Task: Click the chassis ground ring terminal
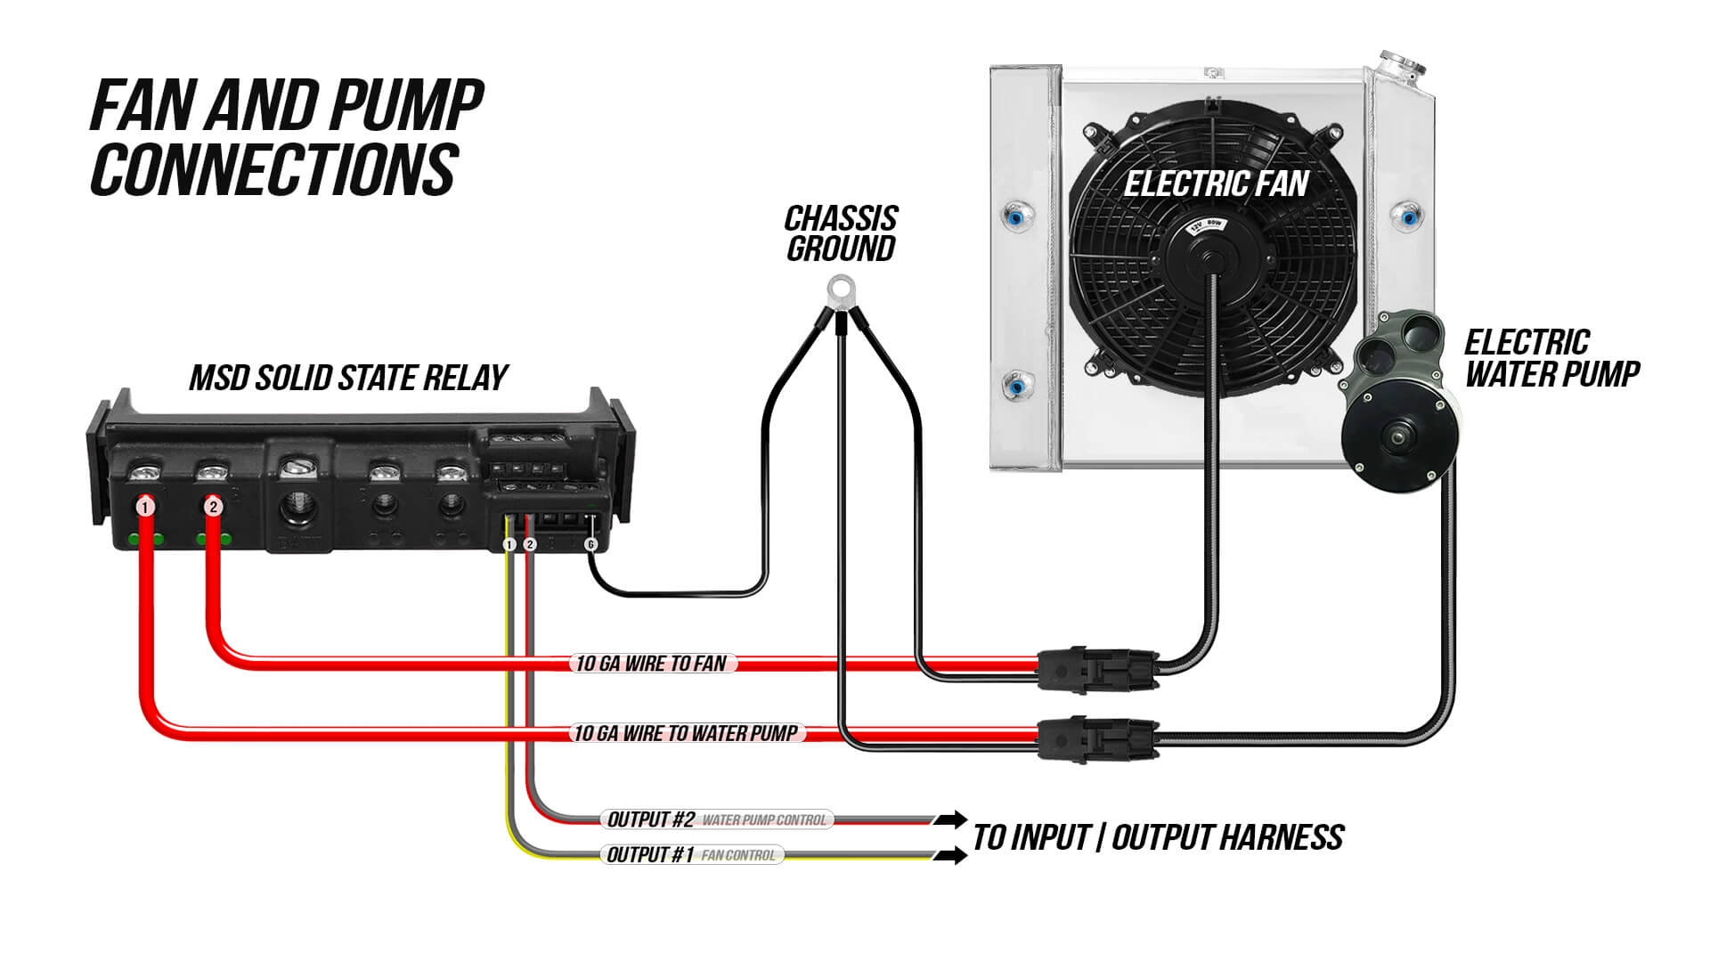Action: coord(838,289)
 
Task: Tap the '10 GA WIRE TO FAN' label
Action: coord(652,664)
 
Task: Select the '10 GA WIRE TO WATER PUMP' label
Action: coord(686,733)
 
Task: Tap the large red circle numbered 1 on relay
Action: coord(146,507)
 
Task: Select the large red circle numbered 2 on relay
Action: coord(213,507)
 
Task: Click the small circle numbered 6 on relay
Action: coord(590,544)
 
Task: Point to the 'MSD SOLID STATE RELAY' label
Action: coord(348,378)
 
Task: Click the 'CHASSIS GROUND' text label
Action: coord(840,233)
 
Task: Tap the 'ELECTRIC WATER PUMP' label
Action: coord(1551,358)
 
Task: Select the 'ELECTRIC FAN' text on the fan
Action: coord(1216,184)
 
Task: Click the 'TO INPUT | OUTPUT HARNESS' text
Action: coord(1158,837)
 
